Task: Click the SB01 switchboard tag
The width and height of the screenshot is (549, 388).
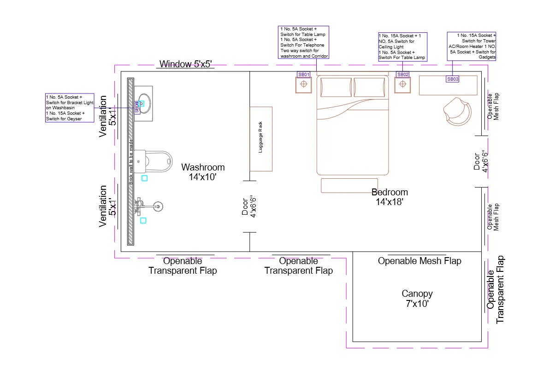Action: coord(303,74)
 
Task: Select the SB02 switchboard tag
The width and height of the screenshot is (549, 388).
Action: coord(402,74)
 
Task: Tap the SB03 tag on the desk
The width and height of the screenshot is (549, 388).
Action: coord(453,79)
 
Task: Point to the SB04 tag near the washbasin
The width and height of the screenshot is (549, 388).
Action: coord(136,107)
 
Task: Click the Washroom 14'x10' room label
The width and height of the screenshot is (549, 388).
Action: coord(203,171)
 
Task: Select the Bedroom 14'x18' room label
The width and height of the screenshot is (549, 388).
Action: coord(390,197)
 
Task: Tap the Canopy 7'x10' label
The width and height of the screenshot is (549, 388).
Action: coord(417,299)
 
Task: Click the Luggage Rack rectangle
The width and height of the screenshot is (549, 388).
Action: coord(261,139)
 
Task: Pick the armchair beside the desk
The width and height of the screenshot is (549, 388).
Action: coord(457,111)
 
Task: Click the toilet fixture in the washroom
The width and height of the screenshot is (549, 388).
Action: coord(157,159)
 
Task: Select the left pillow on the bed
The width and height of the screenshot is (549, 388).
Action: coord(336,87)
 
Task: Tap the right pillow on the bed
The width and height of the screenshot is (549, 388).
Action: coord(369,87)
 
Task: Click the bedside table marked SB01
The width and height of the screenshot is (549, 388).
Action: coord(303,85)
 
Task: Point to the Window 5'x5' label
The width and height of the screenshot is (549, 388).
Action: coord(185,64)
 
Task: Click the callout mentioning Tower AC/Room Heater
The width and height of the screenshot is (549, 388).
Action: coord(471,46)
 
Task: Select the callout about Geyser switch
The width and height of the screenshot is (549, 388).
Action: coord(70,108)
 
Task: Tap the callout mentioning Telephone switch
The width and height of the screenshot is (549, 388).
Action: coord(304,42)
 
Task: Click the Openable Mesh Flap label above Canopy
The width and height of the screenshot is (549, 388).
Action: coord(419,261)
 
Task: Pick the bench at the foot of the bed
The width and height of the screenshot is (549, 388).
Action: coord(349,185)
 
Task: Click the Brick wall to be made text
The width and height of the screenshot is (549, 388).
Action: coord(131,161)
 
